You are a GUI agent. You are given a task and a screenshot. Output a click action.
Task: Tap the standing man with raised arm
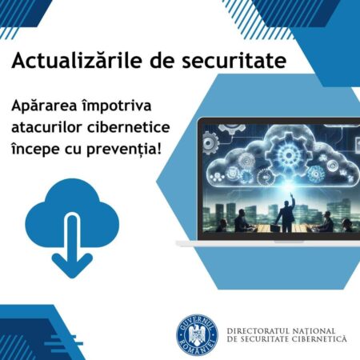tap(284, 212)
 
